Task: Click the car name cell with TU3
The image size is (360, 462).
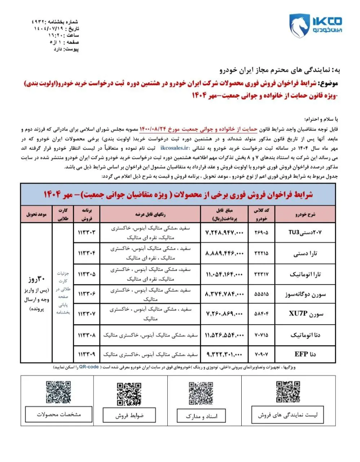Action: coord(304,233)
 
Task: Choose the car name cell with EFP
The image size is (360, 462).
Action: coord(305,354)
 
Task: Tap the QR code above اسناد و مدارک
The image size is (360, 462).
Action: coord(201,393)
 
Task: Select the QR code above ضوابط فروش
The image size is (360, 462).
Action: coord(128,394)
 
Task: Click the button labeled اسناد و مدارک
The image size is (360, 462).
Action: coord(202,416)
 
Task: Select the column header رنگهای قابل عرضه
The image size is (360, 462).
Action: coord(150,214)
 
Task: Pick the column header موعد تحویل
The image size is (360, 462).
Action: coord(36,214)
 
